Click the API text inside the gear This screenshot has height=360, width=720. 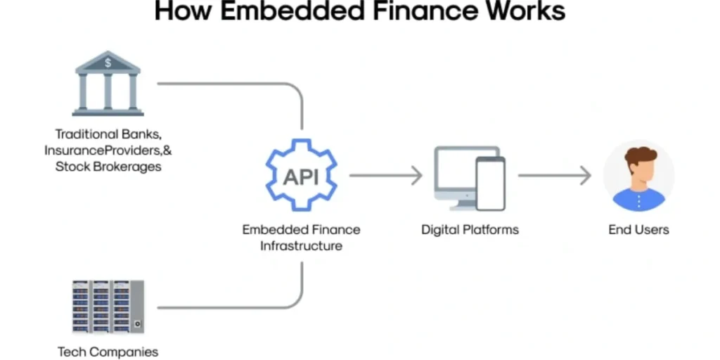pyautogui.click(x=301, y=176)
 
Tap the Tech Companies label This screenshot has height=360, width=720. pyautogui.click(x=108, y=352)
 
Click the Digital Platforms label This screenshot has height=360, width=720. pyautogui.click(x=470, y=230)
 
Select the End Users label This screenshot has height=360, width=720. pyautogui.click(x=638, y=230)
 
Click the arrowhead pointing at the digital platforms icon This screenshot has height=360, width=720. pyautogui.click(x=417, y=176)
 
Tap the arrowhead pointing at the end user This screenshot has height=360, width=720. pyautogui.click(x=586, y=176)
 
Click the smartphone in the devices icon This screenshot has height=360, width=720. pyautogui.click(x=490, y=184)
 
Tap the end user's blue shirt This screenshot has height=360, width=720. pyautogui.click(x=638, y=200)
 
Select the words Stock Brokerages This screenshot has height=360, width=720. pyautogui.click(x=108, y=167)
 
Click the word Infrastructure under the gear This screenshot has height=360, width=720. pyautogui.click(x=301, y=246)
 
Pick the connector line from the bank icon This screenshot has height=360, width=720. pyautogui.click(x=232, y=84)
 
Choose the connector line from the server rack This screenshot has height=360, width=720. pyautogui.click(x=232, y=308)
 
